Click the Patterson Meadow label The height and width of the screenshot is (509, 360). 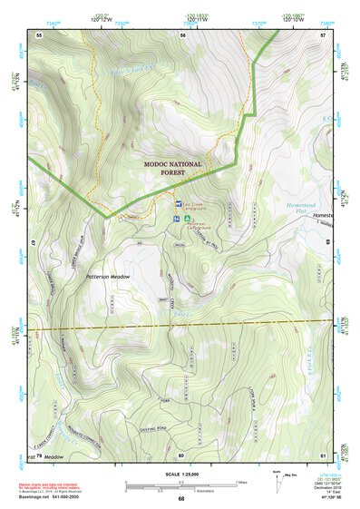pos(109,276)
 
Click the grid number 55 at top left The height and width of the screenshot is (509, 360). pos(39,34)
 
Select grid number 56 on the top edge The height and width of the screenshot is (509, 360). pos(182,34)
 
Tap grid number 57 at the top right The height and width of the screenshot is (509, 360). pos(322,34)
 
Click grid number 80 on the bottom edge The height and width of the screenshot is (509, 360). pos(181,455)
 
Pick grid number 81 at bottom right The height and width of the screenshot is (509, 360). pos(322,455)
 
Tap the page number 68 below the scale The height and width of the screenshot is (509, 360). pos(181,498)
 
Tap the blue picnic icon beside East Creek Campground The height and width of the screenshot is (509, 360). pos(178,205)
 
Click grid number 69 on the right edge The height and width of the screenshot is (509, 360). pos(326,242)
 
